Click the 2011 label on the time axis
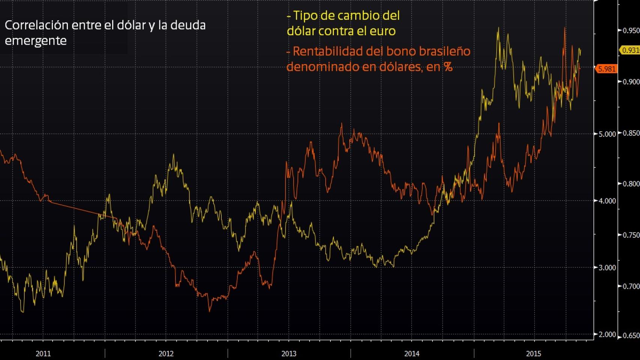pyautogui.click(x=43, y=354)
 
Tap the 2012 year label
pyautogui.click(x=166, y=354)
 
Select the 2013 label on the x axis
pyautogui.click(x=289, y=354)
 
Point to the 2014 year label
pyautogui.click(x=412, y=354)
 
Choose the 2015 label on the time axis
pyautogui.click(x=533, y=354)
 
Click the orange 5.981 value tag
pyautogui.click(x=606, y=69)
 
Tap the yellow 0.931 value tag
pyautogui.click(x=630, y=50)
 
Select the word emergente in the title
pyautogui.click(x=36, y=40)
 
